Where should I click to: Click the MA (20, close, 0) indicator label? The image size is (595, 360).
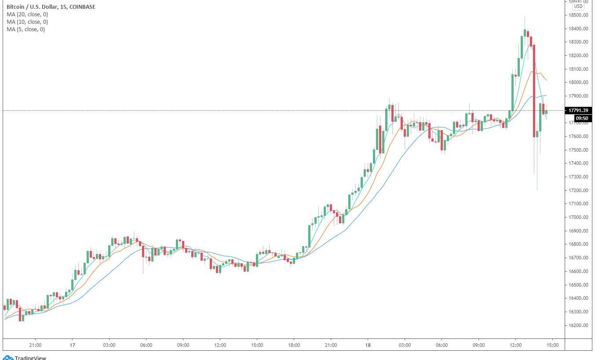point(27,15)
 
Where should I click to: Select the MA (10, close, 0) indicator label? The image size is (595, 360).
point(27,22)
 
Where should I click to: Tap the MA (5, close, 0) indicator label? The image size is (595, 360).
point(26,29)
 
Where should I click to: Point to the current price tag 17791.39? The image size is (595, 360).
point(578,110)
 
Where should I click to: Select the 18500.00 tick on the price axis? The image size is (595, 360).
point(579,15)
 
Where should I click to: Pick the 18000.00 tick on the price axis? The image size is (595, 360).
point(579,83)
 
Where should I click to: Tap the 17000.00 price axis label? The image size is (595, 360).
point(579,218)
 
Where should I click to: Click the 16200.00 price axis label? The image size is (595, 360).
point(579,326)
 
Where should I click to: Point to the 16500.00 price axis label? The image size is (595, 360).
point(579,285)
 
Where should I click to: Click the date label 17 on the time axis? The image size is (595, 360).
point(73,345)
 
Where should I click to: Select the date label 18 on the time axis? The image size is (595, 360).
point(368,345)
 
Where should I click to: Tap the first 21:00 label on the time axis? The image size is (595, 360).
point(35,345)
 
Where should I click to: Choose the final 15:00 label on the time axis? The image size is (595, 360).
point(552,345)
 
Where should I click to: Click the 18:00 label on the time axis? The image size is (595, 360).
point(294,345)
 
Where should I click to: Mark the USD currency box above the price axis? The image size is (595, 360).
point(578,6)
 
